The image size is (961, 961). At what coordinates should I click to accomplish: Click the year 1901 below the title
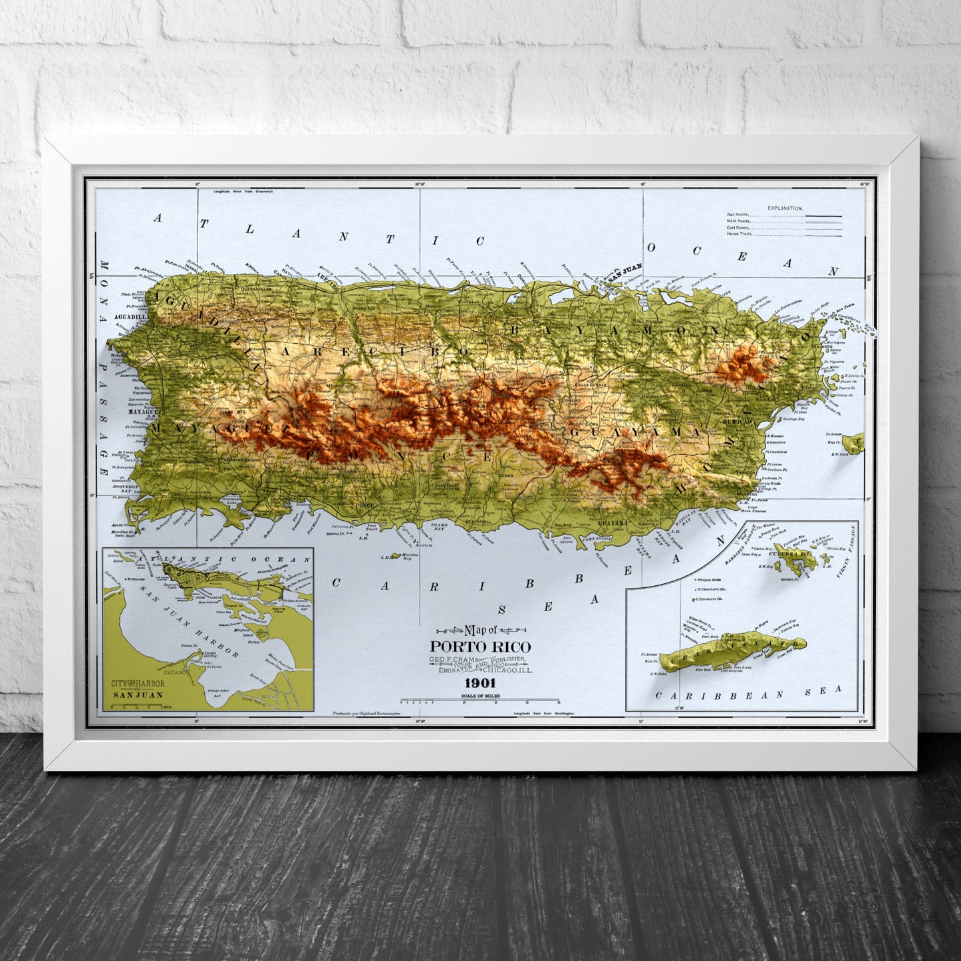pos(480,683)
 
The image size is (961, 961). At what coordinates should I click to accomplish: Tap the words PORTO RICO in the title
pos(480,646)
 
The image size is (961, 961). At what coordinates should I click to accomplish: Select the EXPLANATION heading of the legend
pos(785,208)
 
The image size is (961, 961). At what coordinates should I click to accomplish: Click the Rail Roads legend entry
pos(738,215)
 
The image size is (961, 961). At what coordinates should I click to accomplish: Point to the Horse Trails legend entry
pos(739,233)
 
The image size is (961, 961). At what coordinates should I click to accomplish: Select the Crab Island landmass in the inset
pos(732,648)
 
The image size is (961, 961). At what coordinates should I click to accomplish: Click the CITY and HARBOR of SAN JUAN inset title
pos(138,688)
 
